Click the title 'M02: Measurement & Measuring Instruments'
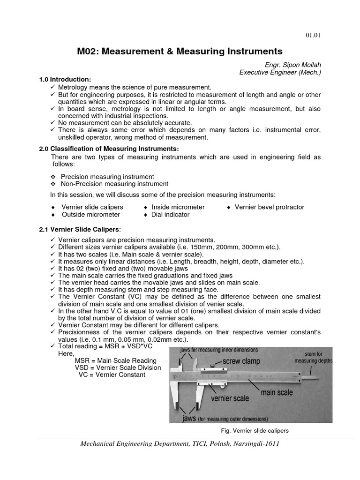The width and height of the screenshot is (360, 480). (x=180, y=51)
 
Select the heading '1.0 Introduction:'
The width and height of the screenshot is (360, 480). (x=65, y=80)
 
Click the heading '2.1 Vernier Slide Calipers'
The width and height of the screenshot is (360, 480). (x=80, y=229)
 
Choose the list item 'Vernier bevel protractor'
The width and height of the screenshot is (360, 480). (x=269, y=207)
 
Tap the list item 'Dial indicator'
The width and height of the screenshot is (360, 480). (x=170, y=214)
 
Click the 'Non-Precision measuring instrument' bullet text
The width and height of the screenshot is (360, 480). (x=115, y=184)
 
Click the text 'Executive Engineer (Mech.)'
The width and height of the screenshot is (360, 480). (x=280, y=72)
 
